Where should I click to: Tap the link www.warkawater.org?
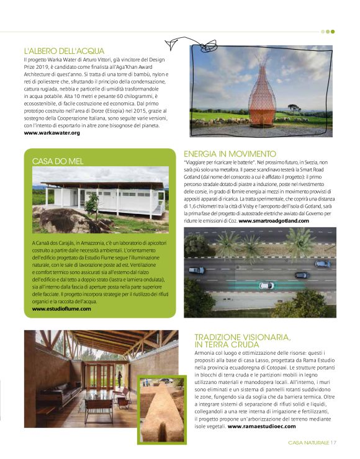(x=52, y=133)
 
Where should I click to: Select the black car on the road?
(x=300, y=274)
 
